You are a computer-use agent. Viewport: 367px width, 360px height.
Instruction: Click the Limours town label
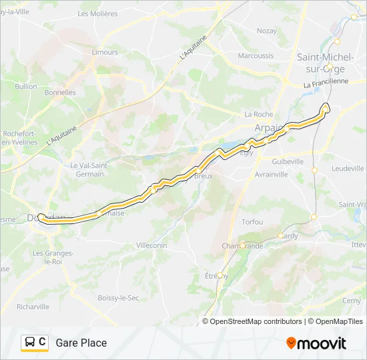coord(105,52)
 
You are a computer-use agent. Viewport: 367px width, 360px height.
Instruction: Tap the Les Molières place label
coord(97,13)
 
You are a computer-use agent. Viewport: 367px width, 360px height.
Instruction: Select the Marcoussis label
coord(256,56)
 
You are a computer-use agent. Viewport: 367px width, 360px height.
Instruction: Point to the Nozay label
coord(266,31)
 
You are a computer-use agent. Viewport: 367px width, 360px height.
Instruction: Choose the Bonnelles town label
coord(61,93)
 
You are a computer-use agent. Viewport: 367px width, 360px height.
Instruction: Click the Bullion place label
coord(26,86)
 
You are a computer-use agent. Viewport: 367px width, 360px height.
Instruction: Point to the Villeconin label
coord(152,245)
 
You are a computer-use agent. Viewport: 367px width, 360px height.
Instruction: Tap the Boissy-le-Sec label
coord(117,298)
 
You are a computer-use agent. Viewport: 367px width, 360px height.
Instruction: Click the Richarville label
coord(33,307)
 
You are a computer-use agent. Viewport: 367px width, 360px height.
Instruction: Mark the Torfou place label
coord(252,221)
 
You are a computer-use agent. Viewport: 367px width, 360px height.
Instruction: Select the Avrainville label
coord(271,174)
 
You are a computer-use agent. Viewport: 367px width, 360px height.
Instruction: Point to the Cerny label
coord(351,301)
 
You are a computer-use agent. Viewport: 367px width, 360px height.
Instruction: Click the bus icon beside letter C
coord(30,343)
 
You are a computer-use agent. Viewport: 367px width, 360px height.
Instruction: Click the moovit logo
coord(316,343)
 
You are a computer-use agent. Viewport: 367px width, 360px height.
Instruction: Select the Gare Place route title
coord(81,343)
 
